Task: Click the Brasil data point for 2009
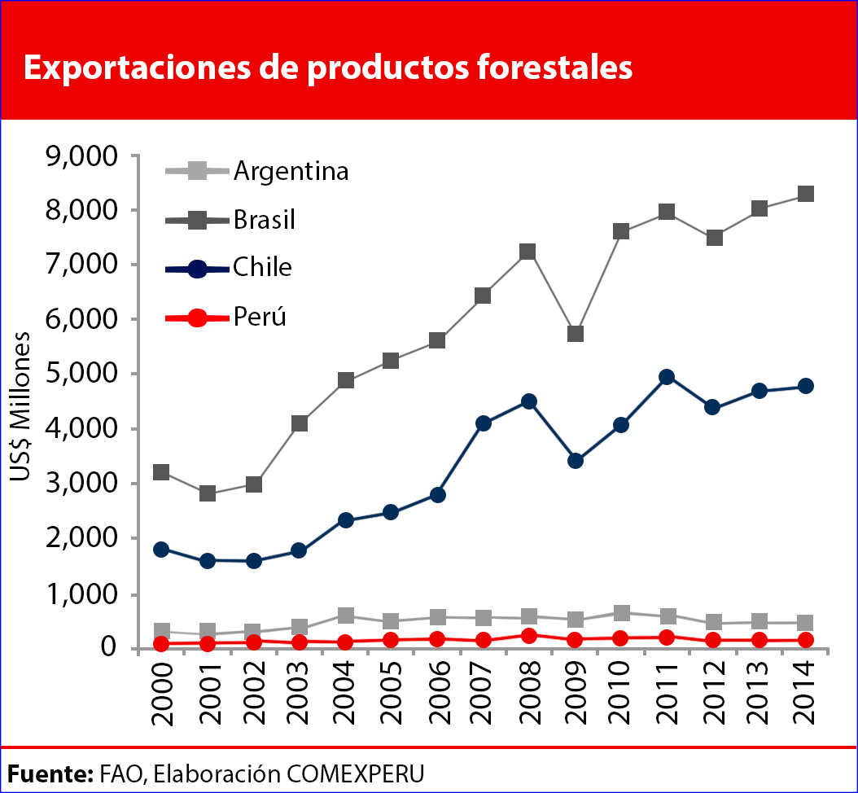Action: tap(576, 334)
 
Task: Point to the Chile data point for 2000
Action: tap(161, 550)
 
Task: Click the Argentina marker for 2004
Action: tap(346, 616)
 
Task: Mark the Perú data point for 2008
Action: tap(529, 636)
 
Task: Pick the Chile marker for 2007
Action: tap(484, 423)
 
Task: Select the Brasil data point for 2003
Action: tap(300, 423)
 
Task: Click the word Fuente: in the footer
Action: tap(50, 772)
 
